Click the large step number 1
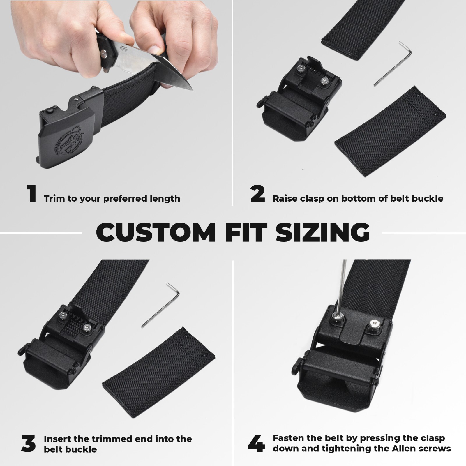tap(31, 194)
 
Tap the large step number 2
tap(258, 194)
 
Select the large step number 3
tap(29, 443)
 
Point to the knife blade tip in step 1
tap(192, 90)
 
